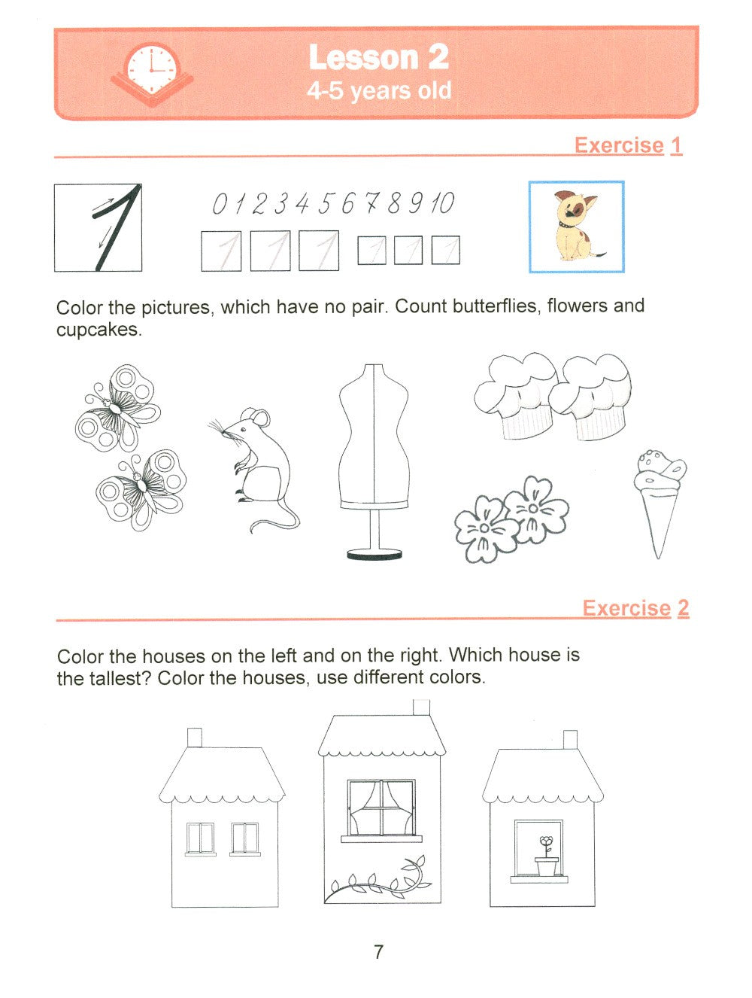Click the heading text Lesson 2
(x=378, y=57)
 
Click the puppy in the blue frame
(x=576, y=225)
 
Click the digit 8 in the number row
(x=393, y=203)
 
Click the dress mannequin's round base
(x=374, y=555)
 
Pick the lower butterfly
(x=141, y=489)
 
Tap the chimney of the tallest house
(x=421, y=709)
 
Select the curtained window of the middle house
(x=381, y=808)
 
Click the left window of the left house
(x=200, y=838)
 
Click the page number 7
(x=378, y=952)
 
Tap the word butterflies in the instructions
(x=496, y=306)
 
